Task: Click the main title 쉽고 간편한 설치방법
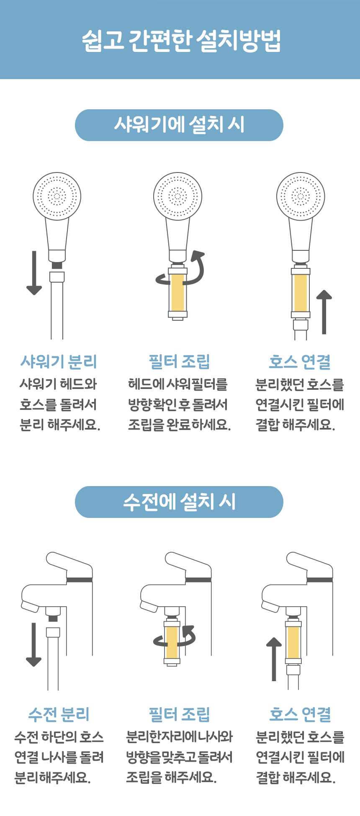[x=181, y=41]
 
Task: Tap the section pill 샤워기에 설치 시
[x=179, y=125]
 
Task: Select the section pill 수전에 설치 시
[x=179, y=502]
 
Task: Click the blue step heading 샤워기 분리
[x=59, y=361]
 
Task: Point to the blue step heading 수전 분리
[x=59, y=714]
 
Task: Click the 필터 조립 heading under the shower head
[x=179, y=361]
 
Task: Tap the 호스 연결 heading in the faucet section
[x=300, y=714]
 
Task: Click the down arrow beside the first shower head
[x=34, y=273]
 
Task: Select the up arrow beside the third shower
[x=324, y=312]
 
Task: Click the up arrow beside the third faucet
[x=274, y=659]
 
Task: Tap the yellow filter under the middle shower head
[x=177, y=292]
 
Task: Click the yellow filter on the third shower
[x=301, y=293]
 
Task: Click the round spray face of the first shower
[x=57, y=196]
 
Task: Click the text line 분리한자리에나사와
[x=180, y=736]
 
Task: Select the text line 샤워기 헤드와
[x=59, y=384]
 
